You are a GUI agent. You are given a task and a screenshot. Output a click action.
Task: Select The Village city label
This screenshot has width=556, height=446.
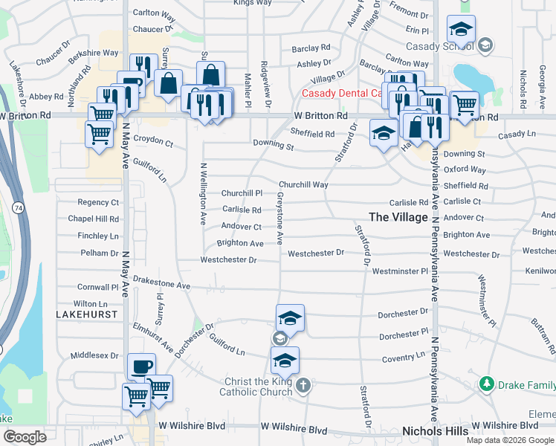pyautogui.click(x=398, y=217)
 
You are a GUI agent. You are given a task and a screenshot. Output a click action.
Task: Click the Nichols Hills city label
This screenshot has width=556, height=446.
pyautogui.click(x=435, y=431)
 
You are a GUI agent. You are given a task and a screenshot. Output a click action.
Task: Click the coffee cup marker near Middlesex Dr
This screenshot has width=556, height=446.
pyautogui.click(x=141, y=366)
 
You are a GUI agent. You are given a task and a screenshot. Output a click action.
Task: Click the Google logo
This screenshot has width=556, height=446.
pyautogui.click(x=25, y=437)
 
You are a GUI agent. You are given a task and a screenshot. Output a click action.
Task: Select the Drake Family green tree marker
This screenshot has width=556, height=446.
pyautogui.click(x=487, y=384)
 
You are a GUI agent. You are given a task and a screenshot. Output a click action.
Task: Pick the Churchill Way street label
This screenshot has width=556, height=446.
pyautogui.click(x=303, y=184)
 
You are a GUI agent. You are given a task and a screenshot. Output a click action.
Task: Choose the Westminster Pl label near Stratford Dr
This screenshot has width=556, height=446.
pyautogui.click(x=401, y=271)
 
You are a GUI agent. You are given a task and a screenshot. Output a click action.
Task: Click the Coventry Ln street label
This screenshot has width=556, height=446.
pyautogui.click(x=404, y=358)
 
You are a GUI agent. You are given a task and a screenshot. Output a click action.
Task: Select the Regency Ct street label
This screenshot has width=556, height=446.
pyautogui.click(x=98, y=202)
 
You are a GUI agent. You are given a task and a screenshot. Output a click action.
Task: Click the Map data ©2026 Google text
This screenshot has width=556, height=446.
pyautogui.click(x=509, y=440)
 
